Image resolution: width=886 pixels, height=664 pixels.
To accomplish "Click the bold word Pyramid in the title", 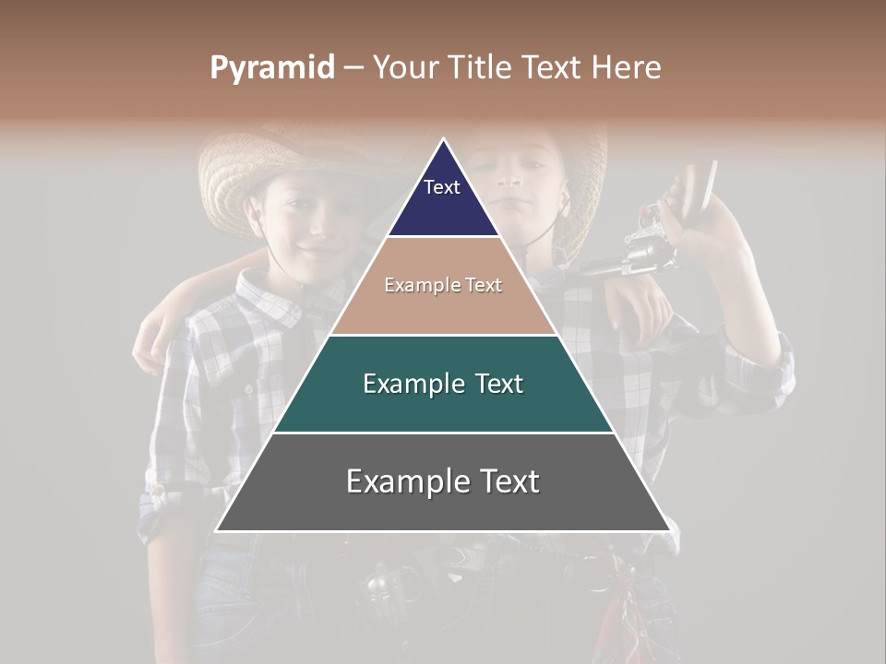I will click(x=271, y=68).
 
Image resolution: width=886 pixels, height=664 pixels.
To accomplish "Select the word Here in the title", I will click(x=628, y=68).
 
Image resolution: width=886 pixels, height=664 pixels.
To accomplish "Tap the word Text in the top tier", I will click(x=442, y=187).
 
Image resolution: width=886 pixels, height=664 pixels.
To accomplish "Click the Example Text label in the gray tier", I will click(x=443, y=481).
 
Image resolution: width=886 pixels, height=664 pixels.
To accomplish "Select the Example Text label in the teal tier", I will click(x=443, y=384).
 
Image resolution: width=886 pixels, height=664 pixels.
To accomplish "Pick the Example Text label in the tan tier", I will click(x=443, y=285).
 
